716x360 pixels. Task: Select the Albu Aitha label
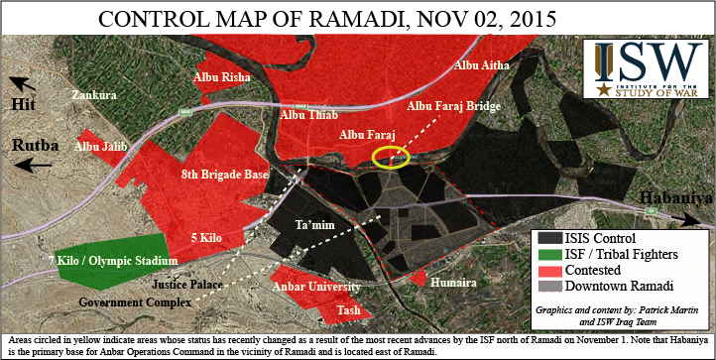481,65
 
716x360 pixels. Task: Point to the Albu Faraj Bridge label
454,104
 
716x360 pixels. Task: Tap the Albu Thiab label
308,116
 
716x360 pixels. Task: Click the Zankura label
93,95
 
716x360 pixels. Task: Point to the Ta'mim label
312,226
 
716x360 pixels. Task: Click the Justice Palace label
191,284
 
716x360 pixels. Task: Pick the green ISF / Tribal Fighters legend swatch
549,255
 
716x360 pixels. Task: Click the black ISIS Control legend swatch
549,238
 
